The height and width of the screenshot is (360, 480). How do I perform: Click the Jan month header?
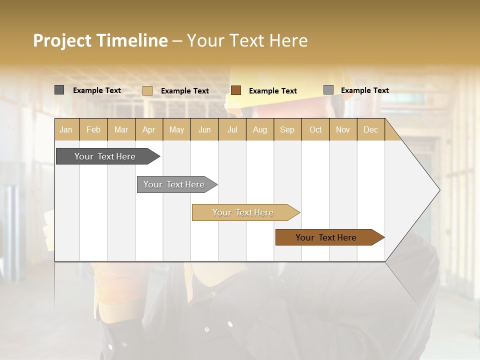[x=66, y=129]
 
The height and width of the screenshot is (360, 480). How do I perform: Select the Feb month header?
[x=93, y=129]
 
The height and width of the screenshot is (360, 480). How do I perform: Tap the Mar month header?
[x=121, y=129]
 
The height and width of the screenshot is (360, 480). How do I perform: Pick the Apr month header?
[x=149, y=129]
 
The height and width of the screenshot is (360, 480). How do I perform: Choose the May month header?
[x=176, y=129]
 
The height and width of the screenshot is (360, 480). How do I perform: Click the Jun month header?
[x=204, y=129]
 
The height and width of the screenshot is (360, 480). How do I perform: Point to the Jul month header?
[x=232, y=129]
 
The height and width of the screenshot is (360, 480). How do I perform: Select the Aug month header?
[x=260, y=129]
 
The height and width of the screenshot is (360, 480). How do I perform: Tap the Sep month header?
[x=287, y=129]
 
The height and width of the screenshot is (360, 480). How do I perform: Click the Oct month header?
[x=315, y=129]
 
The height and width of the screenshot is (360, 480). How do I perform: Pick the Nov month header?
[x=343, y=129]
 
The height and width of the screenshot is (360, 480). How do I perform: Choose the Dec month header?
[x=371, y=129]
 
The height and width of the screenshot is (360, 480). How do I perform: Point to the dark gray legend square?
[x=59, y=90]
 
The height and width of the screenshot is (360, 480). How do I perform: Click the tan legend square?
[x=147, y=90]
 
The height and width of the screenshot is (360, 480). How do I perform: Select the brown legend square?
[x=236, y=90]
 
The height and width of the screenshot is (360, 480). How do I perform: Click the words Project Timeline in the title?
[x=100, y=40]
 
